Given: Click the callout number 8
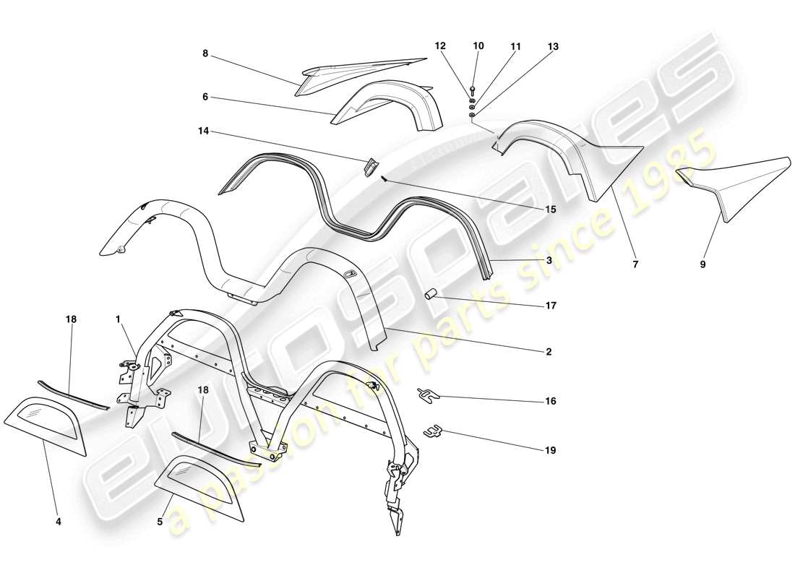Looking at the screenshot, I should click(205, 53).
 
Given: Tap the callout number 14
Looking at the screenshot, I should click(205, 132).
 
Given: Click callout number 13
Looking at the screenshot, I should click(553, 46).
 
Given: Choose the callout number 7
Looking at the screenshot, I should click(635, 264).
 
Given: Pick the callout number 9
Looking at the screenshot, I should click(702, 264).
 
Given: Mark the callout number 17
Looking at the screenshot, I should click(551, 306).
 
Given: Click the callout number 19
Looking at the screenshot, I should click(551, 450).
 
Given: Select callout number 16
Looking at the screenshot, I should click(551, 400).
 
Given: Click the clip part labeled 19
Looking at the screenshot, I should click(432, 431).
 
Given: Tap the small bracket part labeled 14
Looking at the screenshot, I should click(370, 167).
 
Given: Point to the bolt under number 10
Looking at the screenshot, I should click(471, 90).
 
